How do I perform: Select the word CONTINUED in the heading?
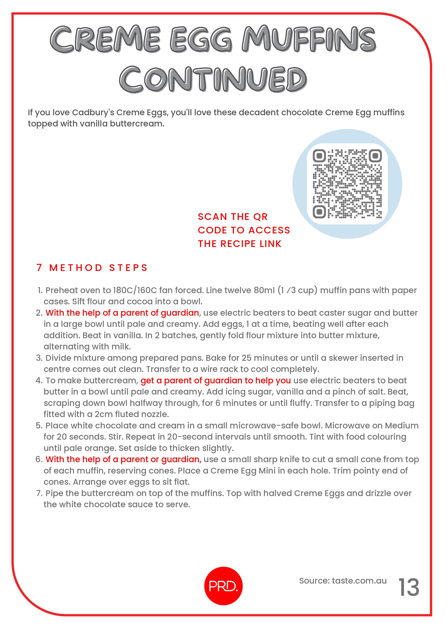pos(213,79)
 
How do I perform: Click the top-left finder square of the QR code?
pos(319,156)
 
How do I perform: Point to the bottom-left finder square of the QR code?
pos(319,212)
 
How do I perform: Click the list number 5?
pos(39,426)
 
